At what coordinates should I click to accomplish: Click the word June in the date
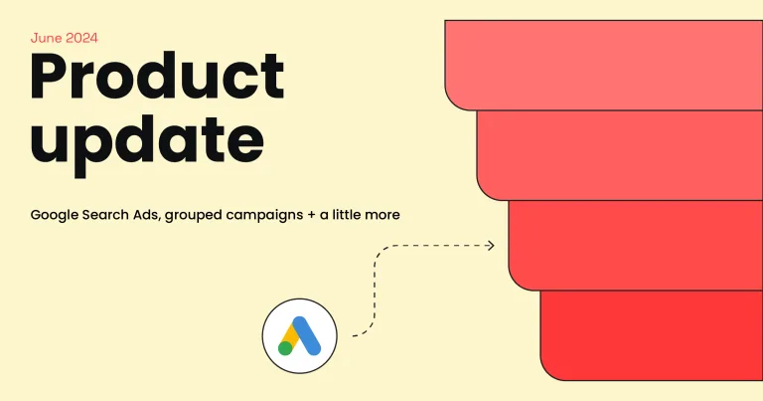click(46, 38)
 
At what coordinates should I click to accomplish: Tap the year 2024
click(81, 38)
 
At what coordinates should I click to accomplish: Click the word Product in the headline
click(157, 77)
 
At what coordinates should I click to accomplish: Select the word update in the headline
click(147, 141)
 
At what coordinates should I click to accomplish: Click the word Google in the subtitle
click(54, 215)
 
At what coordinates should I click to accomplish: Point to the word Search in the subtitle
click(101, 215)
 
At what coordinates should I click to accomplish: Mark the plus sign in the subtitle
click(311, 215)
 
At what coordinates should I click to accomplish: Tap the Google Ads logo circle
click(300, 336)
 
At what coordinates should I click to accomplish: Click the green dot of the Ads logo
click(285, 348)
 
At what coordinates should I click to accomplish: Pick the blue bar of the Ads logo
click(307, 335)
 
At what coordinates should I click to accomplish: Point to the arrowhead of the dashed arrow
click(491, 246)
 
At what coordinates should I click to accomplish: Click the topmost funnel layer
click(604, 66)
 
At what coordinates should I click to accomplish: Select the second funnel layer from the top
click(620, 155)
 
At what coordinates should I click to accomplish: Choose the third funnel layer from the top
click(636, 246)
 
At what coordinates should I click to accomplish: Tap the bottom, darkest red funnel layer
click(652, 335)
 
